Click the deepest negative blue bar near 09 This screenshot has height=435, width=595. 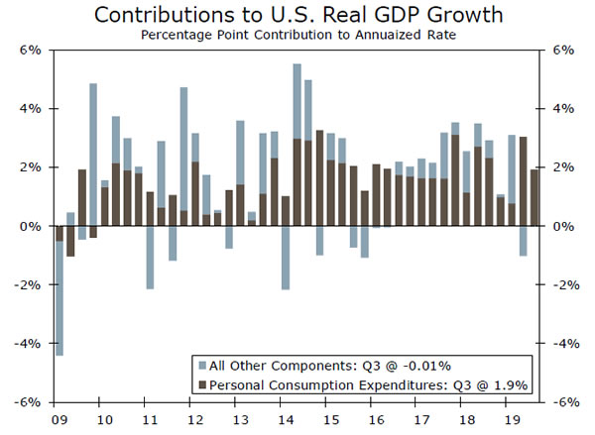point(59,297)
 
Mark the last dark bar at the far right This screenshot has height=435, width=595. point(535,198)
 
